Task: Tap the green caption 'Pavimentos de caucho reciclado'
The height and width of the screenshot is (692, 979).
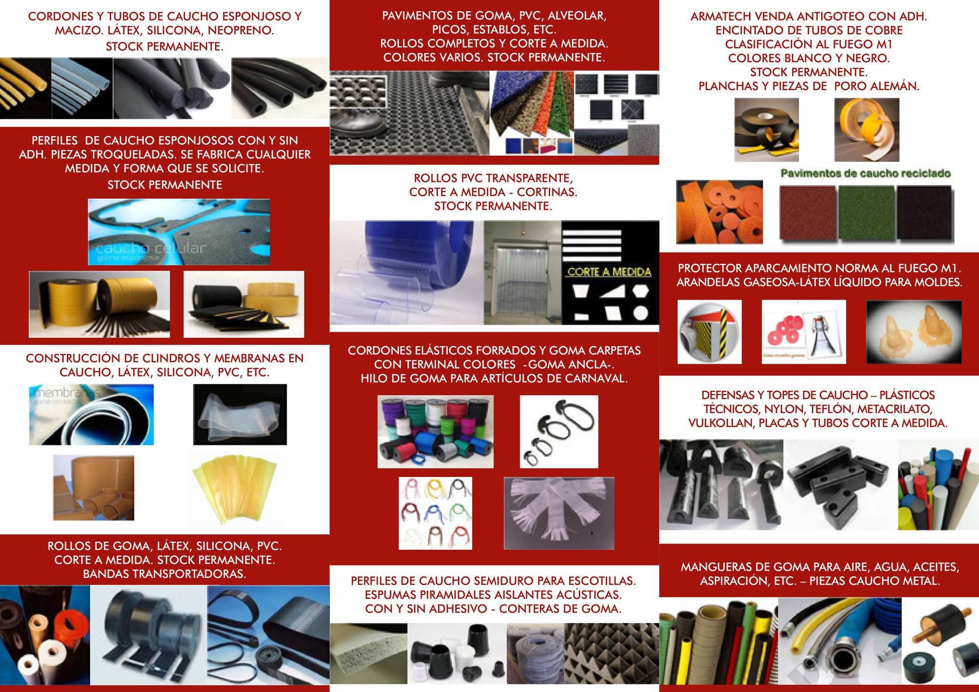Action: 865,174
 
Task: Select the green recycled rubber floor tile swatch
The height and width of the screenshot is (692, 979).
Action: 866,213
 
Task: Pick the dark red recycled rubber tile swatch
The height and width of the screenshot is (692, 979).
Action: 808,213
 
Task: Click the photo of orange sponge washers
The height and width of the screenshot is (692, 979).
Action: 719,212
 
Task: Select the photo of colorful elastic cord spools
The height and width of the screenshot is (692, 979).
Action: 435,432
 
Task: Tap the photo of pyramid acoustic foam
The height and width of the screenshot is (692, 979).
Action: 611,653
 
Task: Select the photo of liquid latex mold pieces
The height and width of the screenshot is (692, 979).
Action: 914,332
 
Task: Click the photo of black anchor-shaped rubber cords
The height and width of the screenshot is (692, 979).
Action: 559,432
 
